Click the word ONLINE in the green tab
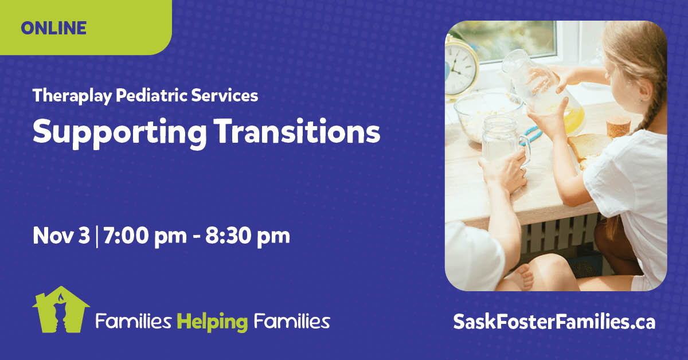54,28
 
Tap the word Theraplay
72,96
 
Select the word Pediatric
152,95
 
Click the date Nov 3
61,236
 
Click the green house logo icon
61,310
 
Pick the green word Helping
213,322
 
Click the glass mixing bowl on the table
488,117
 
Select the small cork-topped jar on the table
618,127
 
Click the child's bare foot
524,277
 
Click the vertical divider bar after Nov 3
97,237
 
